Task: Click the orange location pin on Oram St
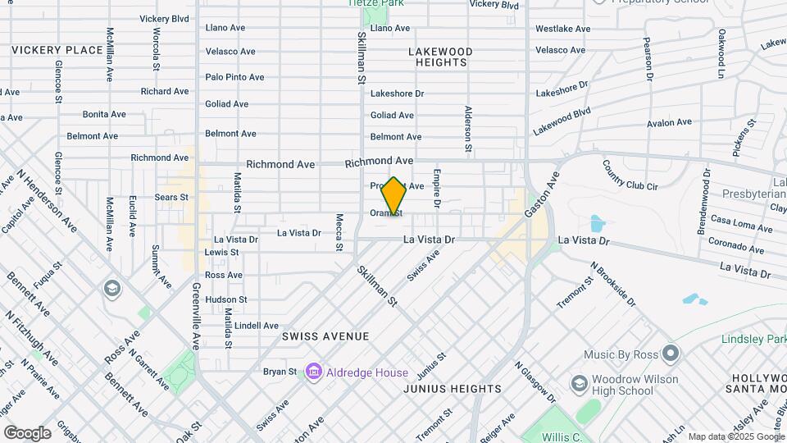point(394,196)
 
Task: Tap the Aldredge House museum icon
point(312,372)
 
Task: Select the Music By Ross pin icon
point(671,354)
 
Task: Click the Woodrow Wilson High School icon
point(580,384)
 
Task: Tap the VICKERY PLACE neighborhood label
point(57,50)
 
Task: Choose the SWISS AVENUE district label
point(325,336)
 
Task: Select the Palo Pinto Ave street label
point(234,77)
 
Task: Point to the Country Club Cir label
point(630,175)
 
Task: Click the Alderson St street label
point(468,129)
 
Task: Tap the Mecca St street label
point(339,232)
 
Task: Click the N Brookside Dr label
point(614,285)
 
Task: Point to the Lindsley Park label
point(753,339)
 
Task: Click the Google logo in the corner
point(27,432)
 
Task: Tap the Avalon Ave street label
point(669,123)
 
